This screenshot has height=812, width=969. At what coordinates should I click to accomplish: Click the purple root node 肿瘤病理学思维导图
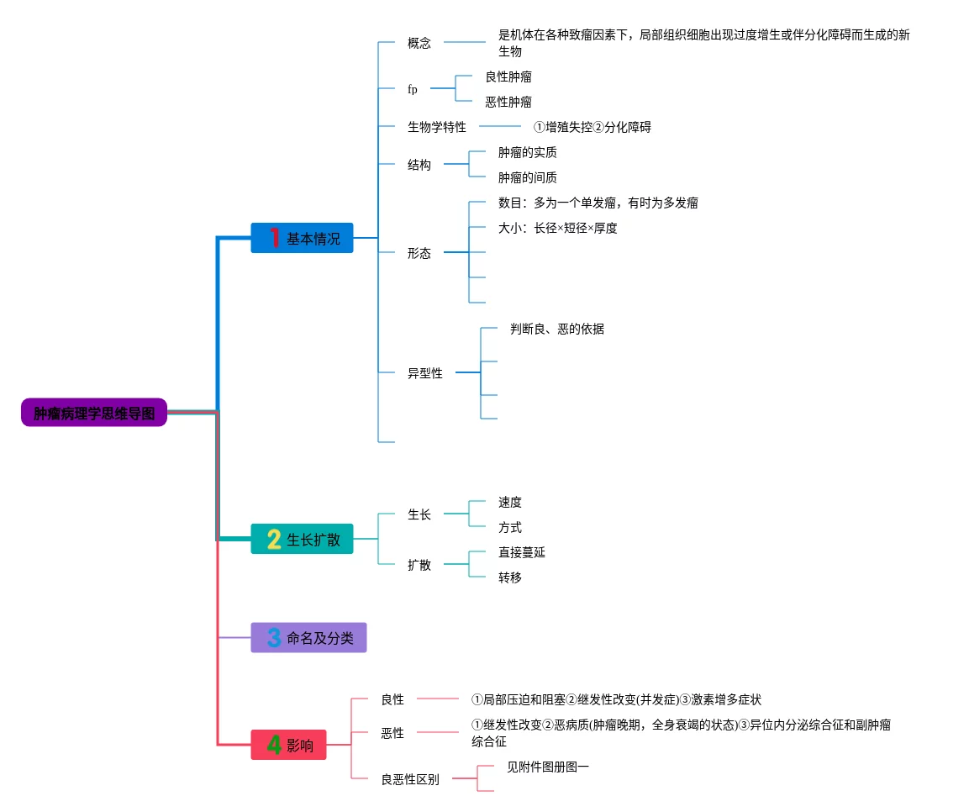pyautogui.click(x=94, y=412)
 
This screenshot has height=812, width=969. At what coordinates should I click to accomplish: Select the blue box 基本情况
pyautogui.click(x=302, y=238)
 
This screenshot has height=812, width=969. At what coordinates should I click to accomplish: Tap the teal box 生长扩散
pyautogui.click(x=302, y=539)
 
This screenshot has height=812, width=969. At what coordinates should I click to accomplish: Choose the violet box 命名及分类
pyautogui.click(x=308, y=638)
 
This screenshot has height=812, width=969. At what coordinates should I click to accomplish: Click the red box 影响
pyautogui.click(x=288, y=745)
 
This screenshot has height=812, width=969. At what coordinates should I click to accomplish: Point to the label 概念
pyautogui.click(x=419, y=43)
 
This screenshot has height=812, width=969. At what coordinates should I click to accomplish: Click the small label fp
pyautogui.click(x=412, y=89)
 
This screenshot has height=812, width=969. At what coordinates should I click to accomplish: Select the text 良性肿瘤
pyautogui.click(x=508, y=76)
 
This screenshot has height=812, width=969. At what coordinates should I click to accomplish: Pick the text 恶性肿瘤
pyautogui.click(x=508, y=102)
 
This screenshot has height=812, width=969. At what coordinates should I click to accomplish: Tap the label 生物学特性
pyautogui.click(x=436, y=127)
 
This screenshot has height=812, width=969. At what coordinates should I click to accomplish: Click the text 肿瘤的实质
pyautogui.click(x=527, y=152)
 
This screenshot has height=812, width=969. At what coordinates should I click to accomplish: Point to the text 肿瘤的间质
pyautogui.click(x=527, y=177)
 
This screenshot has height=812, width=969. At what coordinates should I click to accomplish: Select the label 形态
pyautogui.click(x=419, y=253)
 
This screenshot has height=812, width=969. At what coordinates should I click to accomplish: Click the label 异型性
pyautogui.click(x=424, y=372)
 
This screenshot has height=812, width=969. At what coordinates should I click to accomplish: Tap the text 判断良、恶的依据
pyautogui.click(x=557, y=329)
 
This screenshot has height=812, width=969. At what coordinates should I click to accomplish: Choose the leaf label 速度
pyautogui.click(x=510, y=502)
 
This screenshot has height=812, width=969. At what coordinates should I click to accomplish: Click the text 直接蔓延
pyautogui.click(x=522, y=551)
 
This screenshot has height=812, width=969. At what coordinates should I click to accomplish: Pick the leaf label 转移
pyautogui.click(x=510, y=577)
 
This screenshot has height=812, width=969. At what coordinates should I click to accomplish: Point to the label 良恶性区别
pyautogui.click(x=410, y=779)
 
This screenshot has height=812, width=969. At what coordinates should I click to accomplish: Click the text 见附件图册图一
pyautogui.click(x=548, y=767)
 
